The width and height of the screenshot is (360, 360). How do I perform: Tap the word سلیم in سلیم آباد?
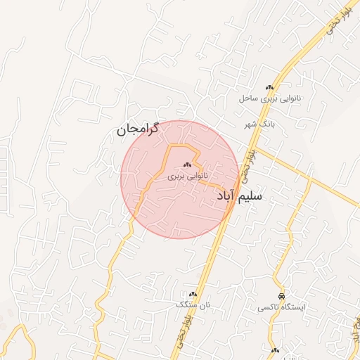250,196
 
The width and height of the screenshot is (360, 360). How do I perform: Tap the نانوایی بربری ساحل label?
270,99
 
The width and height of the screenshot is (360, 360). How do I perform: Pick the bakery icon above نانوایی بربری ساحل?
269,87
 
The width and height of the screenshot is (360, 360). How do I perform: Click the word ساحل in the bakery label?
251,99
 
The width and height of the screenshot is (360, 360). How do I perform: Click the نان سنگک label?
194,304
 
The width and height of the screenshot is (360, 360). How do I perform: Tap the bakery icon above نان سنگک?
193,293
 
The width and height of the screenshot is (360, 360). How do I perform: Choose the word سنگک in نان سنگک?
188,304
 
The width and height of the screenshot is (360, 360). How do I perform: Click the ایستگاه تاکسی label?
281,307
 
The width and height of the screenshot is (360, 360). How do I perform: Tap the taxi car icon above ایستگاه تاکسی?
281,296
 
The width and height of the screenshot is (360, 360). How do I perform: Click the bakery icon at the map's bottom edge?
275,350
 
